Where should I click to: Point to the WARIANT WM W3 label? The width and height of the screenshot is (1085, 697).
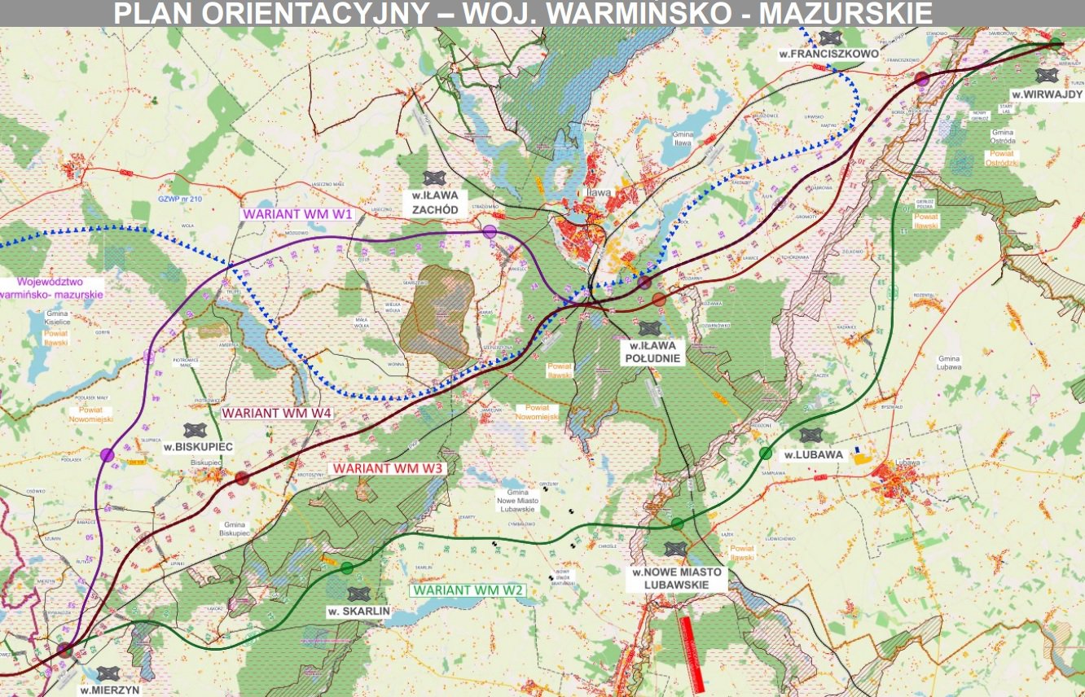pos(387,470)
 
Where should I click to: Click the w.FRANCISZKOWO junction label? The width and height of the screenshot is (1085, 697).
pos(828,54)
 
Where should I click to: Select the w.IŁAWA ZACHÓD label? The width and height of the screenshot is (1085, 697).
pos(434,202)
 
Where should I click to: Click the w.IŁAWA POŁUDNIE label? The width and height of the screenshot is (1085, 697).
pos(650,351)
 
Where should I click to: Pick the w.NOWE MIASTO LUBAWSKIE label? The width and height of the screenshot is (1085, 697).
pos(676,578)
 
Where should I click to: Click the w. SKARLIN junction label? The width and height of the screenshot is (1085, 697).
pos(358,611)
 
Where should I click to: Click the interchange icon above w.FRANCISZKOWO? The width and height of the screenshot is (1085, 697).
pos(830,37)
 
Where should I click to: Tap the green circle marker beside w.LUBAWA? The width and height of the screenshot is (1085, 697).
pos(765,453)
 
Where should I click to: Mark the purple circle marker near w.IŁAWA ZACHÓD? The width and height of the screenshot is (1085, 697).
pos(490,232)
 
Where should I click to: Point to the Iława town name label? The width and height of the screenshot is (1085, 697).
pos(599,193)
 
